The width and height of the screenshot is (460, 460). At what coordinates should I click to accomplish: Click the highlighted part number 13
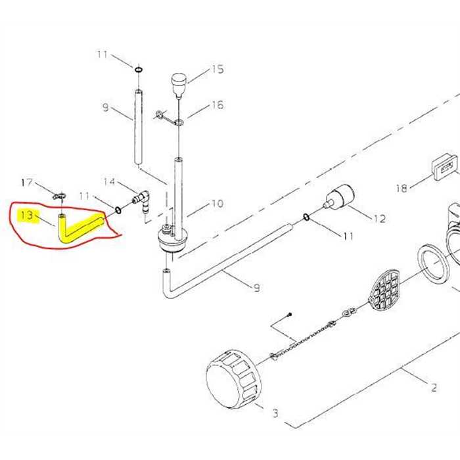[x=27, y=216]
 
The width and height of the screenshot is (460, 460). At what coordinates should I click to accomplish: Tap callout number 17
[x=27, y=183]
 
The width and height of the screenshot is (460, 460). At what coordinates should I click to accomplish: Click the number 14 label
[x=109, y=181]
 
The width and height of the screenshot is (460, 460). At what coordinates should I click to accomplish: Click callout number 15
[x=218, y=69]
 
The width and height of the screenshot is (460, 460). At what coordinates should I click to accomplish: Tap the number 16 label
[x=218, y=105]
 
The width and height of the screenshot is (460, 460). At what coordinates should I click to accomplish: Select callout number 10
[x=218, y=203]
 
